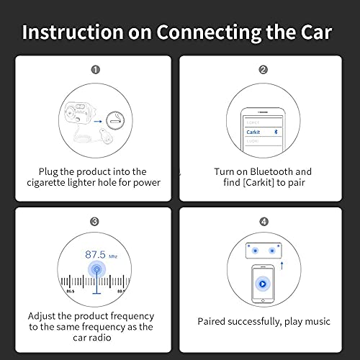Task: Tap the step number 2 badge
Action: (263, 70)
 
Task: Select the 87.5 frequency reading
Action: (95, 255)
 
